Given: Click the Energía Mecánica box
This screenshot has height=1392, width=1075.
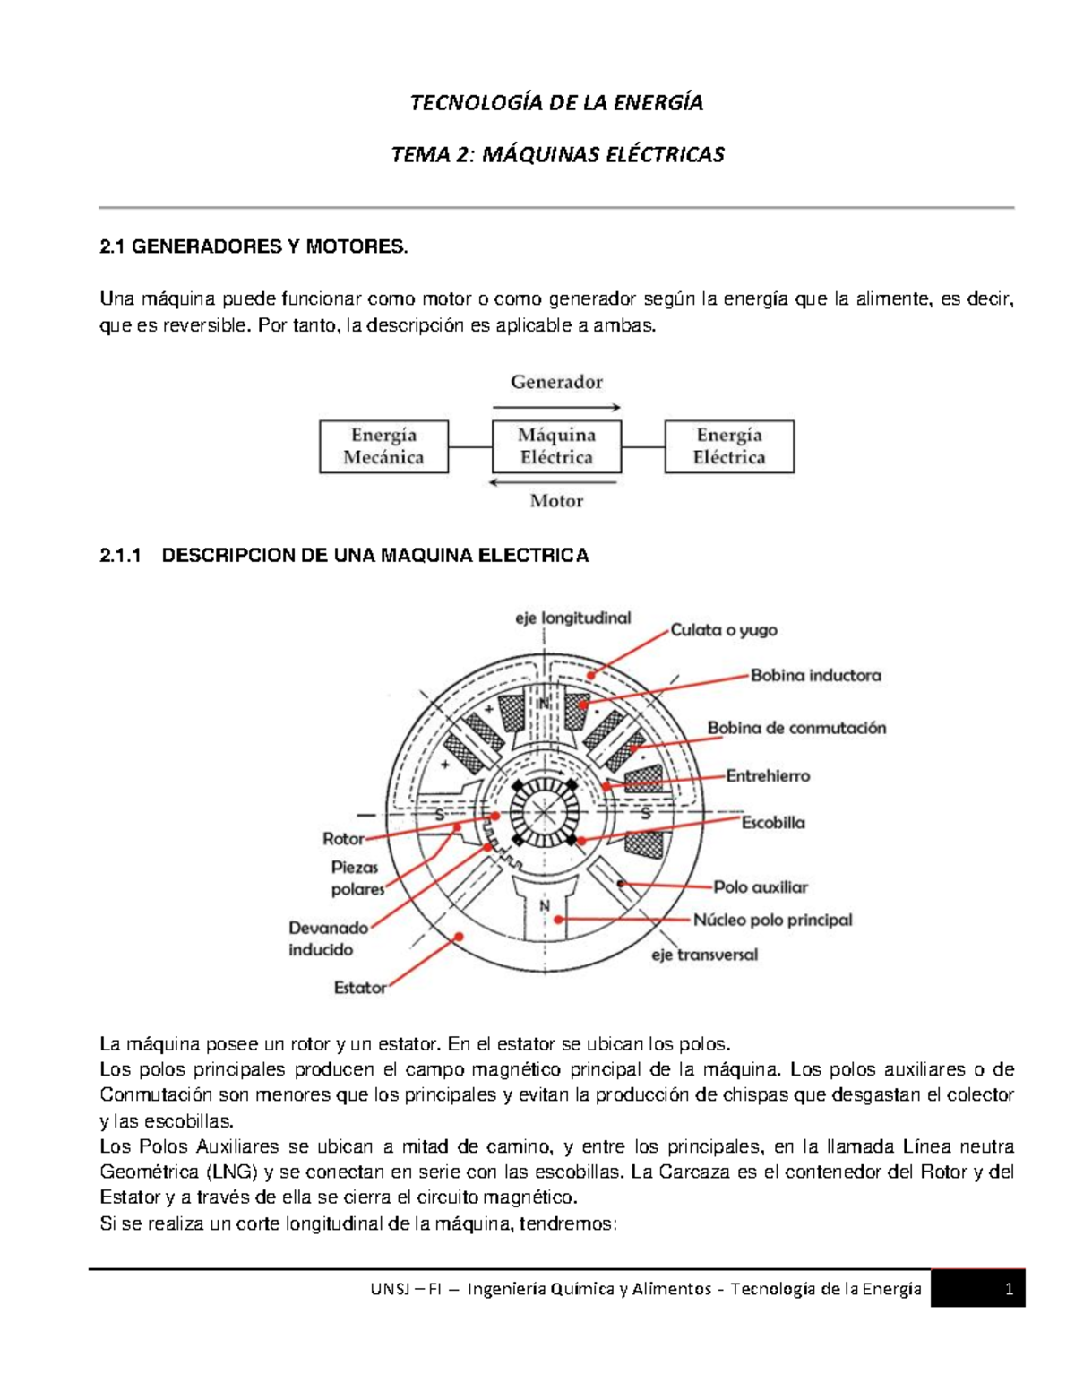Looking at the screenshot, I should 383,446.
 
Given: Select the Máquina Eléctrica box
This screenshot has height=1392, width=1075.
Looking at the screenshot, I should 556,446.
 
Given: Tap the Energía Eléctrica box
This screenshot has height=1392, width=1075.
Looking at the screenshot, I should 729,446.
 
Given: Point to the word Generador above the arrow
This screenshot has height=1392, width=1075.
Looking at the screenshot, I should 556,382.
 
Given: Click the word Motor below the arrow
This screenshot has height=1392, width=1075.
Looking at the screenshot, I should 556,501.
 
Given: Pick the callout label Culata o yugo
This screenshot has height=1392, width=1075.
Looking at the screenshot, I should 724,630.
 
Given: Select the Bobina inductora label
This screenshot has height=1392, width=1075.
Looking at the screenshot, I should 815,676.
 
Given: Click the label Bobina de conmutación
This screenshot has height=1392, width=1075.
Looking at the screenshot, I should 796,728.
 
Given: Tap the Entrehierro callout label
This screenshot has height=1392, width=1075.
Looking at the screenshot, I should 768,776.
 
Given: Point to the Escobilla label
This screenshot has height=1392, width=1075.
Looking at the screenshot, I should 773,823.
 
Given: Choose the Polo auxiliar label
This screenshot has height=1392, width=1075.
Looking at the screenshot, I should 761,887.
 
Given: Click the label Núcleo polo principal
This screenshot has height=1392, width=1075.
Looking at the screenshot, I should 773,920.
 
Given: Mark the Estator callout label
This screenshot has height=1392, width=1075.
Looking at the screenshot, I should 360,988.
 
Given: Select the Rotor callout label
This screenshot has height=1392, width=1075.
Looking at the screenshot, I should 343,839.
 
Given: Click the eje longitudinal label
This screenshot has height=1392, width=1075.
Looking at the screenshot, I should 572,618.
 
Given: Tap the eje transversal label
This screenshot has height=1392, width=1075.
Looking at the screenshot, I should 704,955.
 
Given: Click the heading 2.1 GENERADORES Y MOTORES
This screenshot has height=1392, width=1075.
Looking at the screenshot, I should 254,246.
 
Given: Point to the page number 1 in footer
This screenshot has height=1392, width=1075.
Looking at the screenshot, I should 1009,1290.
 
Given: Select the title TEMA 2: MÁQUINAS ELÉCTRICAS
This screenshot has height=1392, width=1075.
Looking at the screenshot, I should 557,155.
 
